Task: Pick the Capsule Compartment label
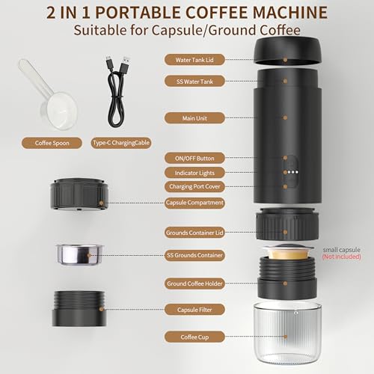194,202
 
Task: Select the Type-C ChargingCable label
121,142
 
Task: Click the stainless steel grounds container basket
79,256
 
